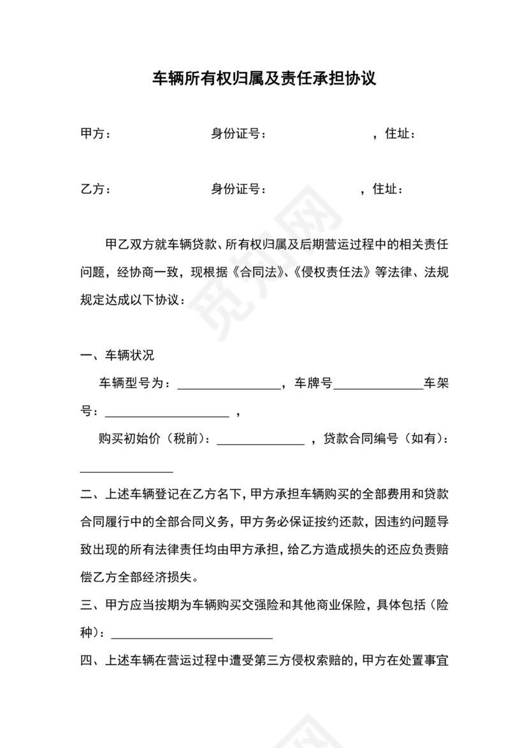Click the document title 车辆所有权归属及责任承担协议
coord(264,79)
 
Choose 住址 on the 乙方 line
coord(388,189)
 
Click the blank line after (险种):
coord(192,636)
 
